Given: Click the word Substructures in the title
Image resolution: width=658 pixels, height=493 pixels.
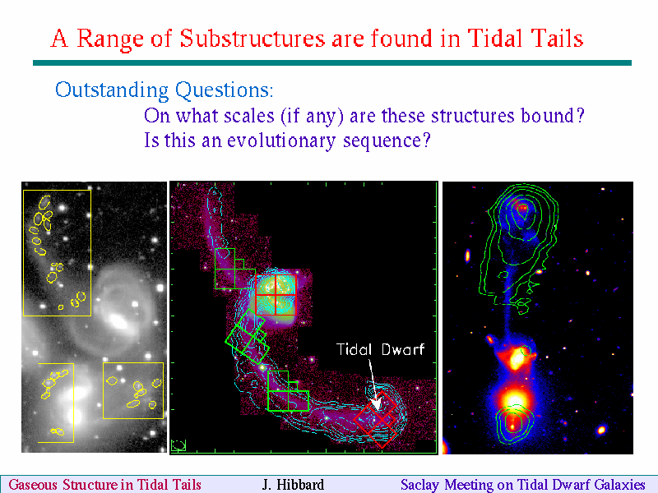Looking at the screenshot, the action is pos(253,39).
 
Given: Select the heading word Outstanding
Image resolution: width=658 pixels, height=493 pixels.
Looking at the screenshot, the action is pos(113,90).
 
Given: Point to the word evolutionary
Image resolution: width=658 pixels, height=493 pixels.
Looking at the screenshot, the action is pos(281,141).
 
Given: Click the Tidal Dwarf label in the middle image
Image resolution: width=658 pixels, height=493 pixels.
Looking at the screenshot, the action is pos(381,349).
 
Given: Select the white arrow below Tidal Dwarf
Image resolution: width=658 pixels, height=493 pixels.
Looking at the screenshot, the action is pos(373,384).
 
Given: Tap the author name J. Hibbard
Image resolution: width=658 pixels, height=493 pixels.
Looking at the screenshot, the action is pos(293,485).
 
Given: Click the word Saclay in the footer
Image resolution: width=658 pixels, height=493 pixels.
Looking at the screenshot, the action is pos(419,485).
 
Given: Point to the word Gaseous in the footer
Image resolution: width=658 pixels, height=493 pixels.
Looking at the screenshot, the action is pos(33,485).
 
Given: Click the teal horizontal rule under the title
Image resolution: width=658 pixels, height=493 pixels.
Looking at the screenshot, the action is pos(332,63).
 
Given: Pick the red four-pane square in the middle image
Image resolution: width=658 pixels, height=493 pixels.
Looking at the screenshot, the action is pos(276,295).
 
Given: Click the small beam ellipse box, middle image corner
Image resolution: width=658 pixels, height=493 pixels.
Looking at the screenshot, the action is pos(178,445).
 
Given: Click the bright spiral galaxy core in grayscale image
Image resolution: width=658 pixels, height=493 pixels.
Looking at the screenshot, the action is pos(118,322).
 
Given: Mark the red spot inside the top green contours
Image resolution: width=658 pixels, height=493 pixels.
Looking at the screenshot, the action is pos(522,207).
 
